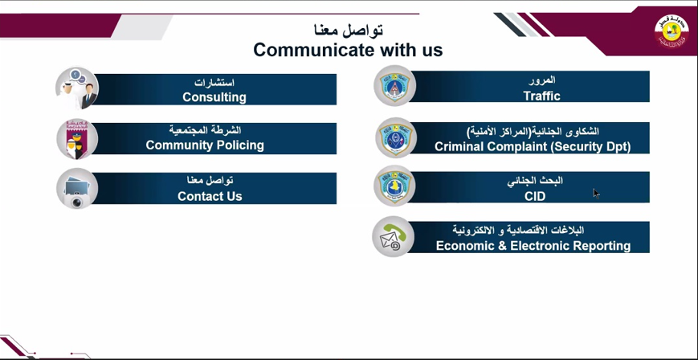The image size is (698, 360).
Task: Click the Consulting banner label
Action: (x=214, y=97)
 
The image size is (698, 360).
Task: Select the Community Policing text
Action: (x=205, y=145)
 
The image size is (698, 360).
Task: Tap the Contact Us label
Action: (x=210, y=196)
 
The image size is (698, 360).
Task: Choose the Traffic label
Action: (x=541, y=96)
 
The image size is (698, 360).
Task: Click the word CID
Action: (x=535, y=197)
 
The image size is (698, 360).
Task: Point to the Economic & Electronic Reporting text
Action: (x=533, y=246)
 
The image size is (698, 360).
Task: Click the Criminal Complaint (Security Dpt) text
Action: (x=533, y=146)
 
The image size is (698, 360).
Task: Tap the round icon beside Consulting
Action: (x=76, y=88)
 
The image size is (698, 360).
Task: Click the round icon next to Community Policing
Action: (x=76, y=139)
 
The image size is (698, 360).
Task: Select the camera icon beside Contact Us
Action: (x=76, y=189)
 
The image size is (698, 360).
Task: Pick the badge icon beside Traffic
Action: (x=394, y=86)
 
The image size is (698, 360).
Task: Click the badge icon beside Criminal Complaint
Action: (x=395, y=137)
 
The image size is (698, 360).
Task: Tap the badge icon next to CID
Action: (x=395, y=186)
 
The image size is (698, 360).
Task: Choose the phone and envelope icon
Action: (x=393, y=236)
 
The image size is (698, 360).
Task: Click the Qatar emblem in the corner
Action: (x=671, y=31)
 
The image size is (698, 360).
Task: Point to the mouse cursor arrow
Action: (x=596, y=193)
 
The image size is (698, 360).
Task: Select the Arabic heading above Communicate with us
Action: (x=349, y=30)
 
